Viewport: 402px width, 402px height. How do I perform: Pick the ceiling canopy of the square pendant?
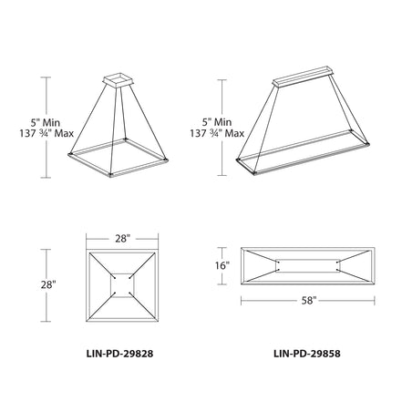[119, 79]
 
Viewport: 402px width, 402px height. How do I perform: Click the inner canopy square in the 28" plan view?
[121, 286]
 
